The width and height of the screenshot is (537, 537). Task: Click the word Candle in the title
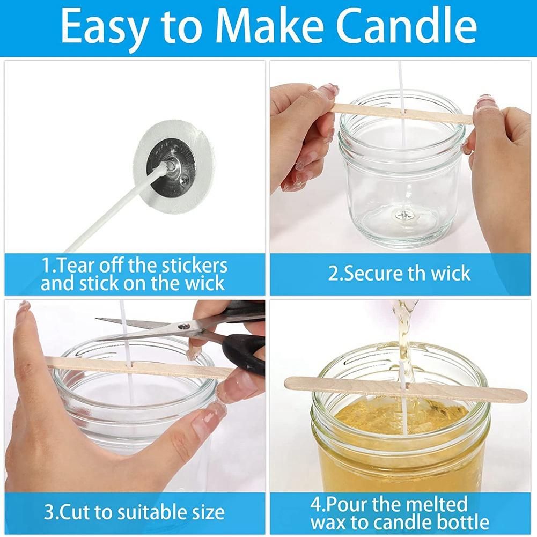(406, 26)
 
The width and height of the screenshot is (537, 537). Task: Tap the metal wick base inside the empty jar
(403, 215)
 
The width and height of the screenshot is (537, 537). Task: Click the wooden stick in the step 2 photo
(402, 113)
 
